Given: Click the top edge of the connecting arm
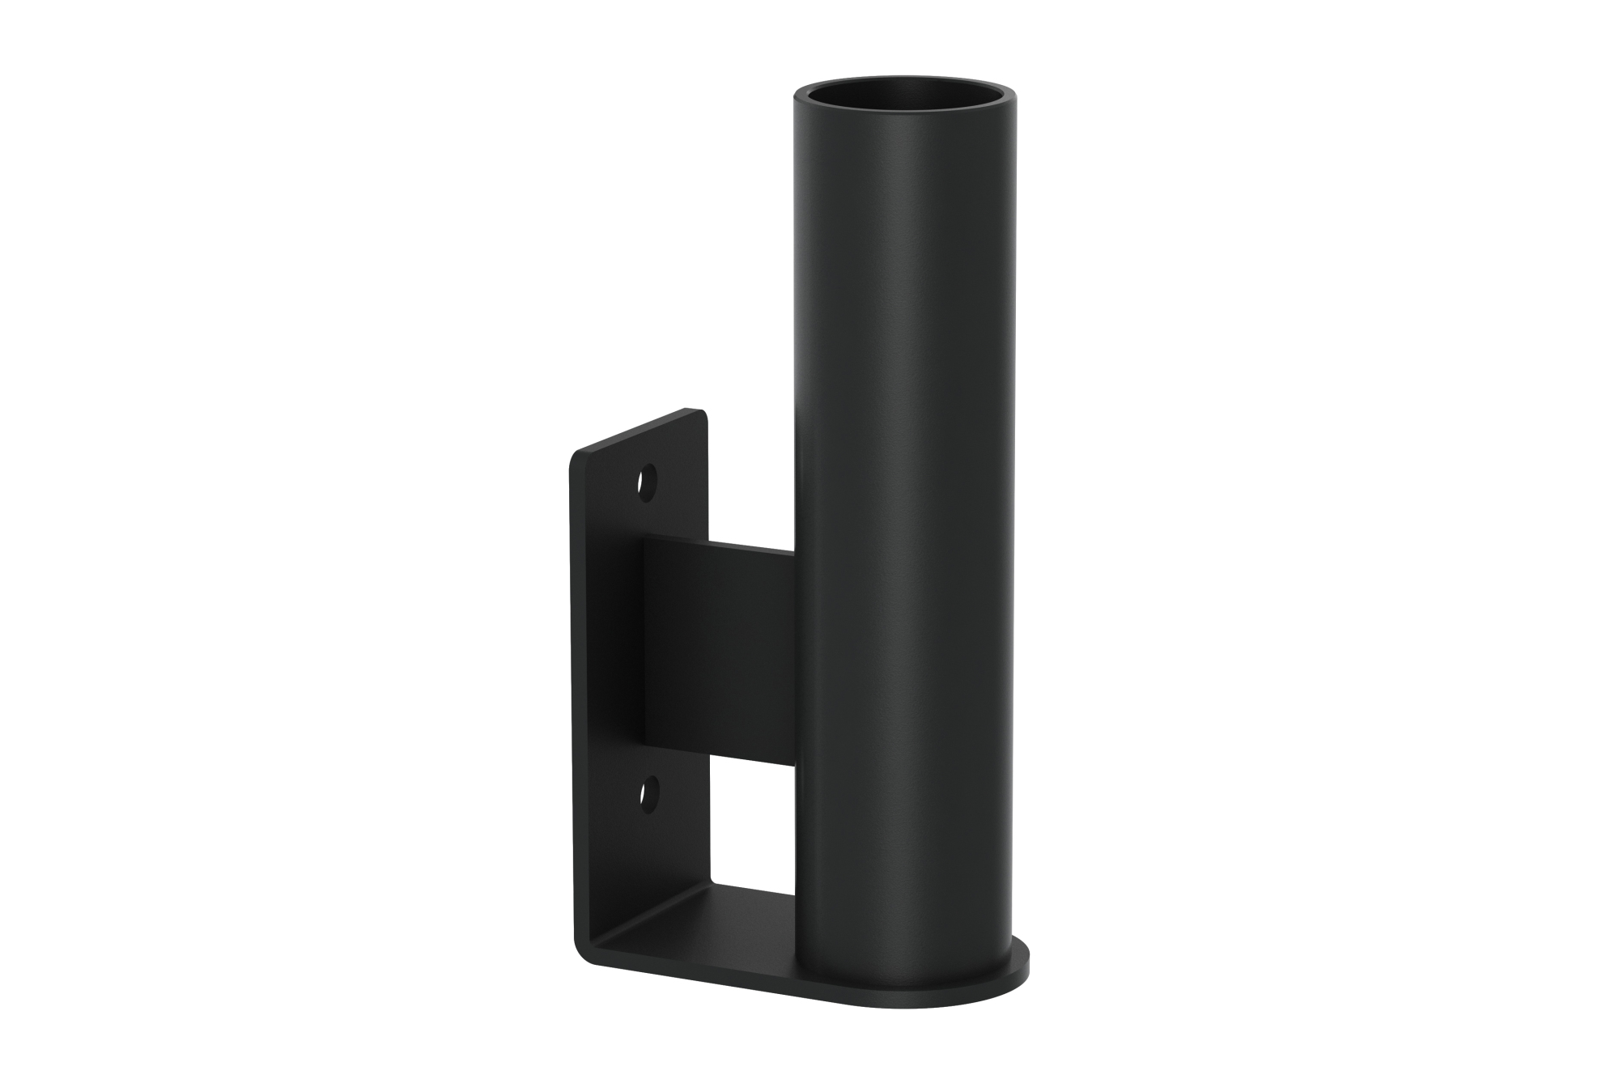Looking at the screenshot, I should coord(716,544).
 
